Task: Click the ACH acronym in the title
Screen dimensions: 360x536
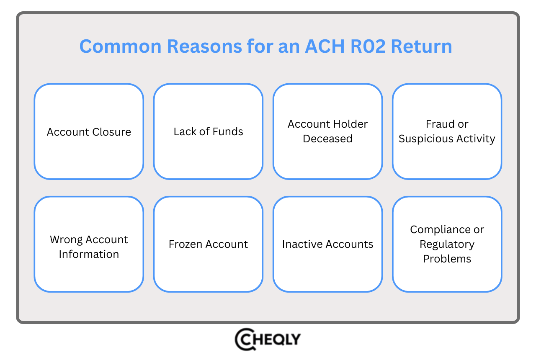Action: [322, 46]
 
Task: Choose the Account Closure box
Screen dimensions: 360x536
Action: [89, 132]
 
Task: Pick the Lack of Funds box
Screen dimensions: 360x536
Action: [208, 132]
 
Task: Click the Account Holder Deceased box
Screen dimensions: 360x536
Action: [327, 131]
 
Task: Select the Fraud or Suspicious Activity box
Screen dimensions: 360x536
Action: [447, 131]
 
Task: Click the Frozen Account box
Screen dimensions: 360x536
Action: [208, 244]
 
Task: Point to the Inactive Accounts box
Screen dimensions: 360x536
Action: [327, 244]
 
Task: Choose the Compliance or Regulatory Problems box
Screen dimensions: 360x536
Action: [447, 244]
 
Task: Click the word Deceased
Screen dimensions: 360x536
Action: [327, 139]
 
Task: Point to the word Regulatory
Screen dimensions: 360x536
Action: [447, 244]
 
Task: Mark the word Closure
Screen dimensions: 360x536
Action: [112, 132]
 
